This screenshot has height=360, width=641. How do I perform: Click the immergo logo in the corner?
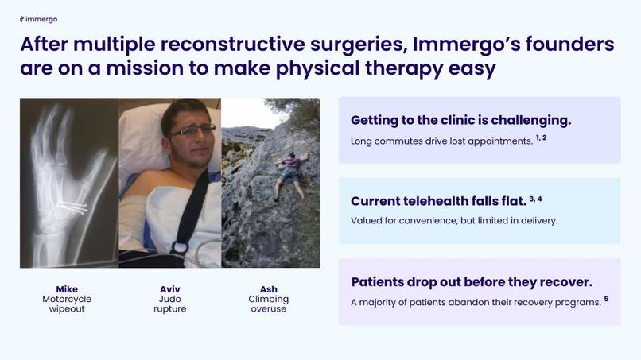tap(39, 19)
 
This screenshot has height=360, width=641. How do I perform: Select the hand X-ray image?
tap(69, 183)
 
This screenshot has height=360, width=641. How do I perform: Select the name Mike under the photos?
tap(67, 289)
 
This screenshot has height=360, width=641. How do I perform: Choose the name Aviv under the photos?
tap(169, 289)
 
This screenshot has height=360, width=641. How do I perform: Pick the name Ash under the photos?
tap(269, 289)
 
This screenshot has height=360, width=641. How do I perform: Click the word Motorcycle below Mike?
tap(67, 300)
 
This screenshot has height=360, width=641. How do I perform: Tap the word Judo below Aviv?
tap(169, 300)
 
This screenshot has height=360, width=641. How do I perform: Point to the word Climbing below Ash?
tap(269, 300)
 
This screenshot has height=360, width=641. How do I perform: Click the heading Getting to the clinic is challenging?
tap(460, 121)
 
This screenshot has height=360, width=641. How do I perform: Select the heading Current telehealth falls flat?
tap(438, 201)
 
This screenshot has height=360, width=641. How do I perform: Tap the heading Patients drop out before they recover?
tap(471, 282)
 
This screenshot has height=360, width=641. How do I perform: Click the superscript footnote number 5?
tap(606, 299)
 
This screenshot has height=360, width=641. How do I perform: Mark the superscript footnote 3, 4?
tap(535, 199)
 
